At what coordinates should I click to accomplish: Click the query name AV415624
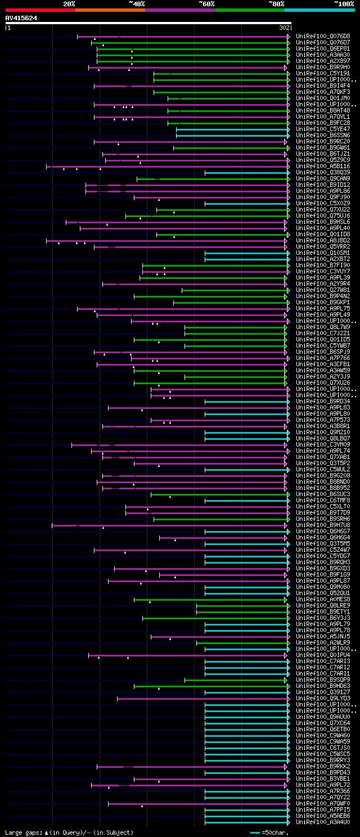(x=21, y=18)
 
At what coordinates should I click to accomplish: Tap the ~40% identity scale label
(x=137, y=4)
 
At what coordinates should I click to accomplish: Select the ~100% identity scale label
(x=343, y=4)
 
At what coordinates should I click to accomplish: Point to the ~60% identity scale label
(x=206, y=4)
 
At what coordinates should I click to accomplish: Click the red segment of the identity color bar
(x=40, y=10)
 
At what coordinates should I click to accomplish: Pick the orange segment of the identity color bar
(x=110, y=10)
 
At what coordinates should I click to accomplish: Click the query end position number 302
(x=284, y=27)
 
